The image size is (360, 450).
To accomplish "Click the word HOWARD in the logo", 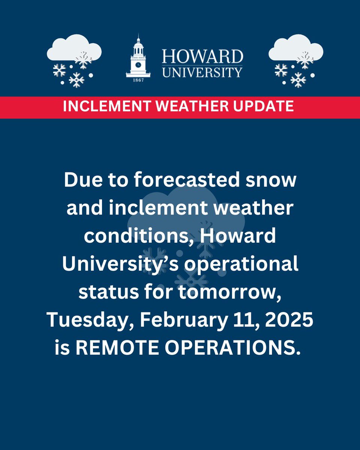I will (x=202, y=57).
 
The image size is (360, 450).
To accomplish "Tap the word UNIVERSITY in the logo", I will (x=202, y=72).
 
